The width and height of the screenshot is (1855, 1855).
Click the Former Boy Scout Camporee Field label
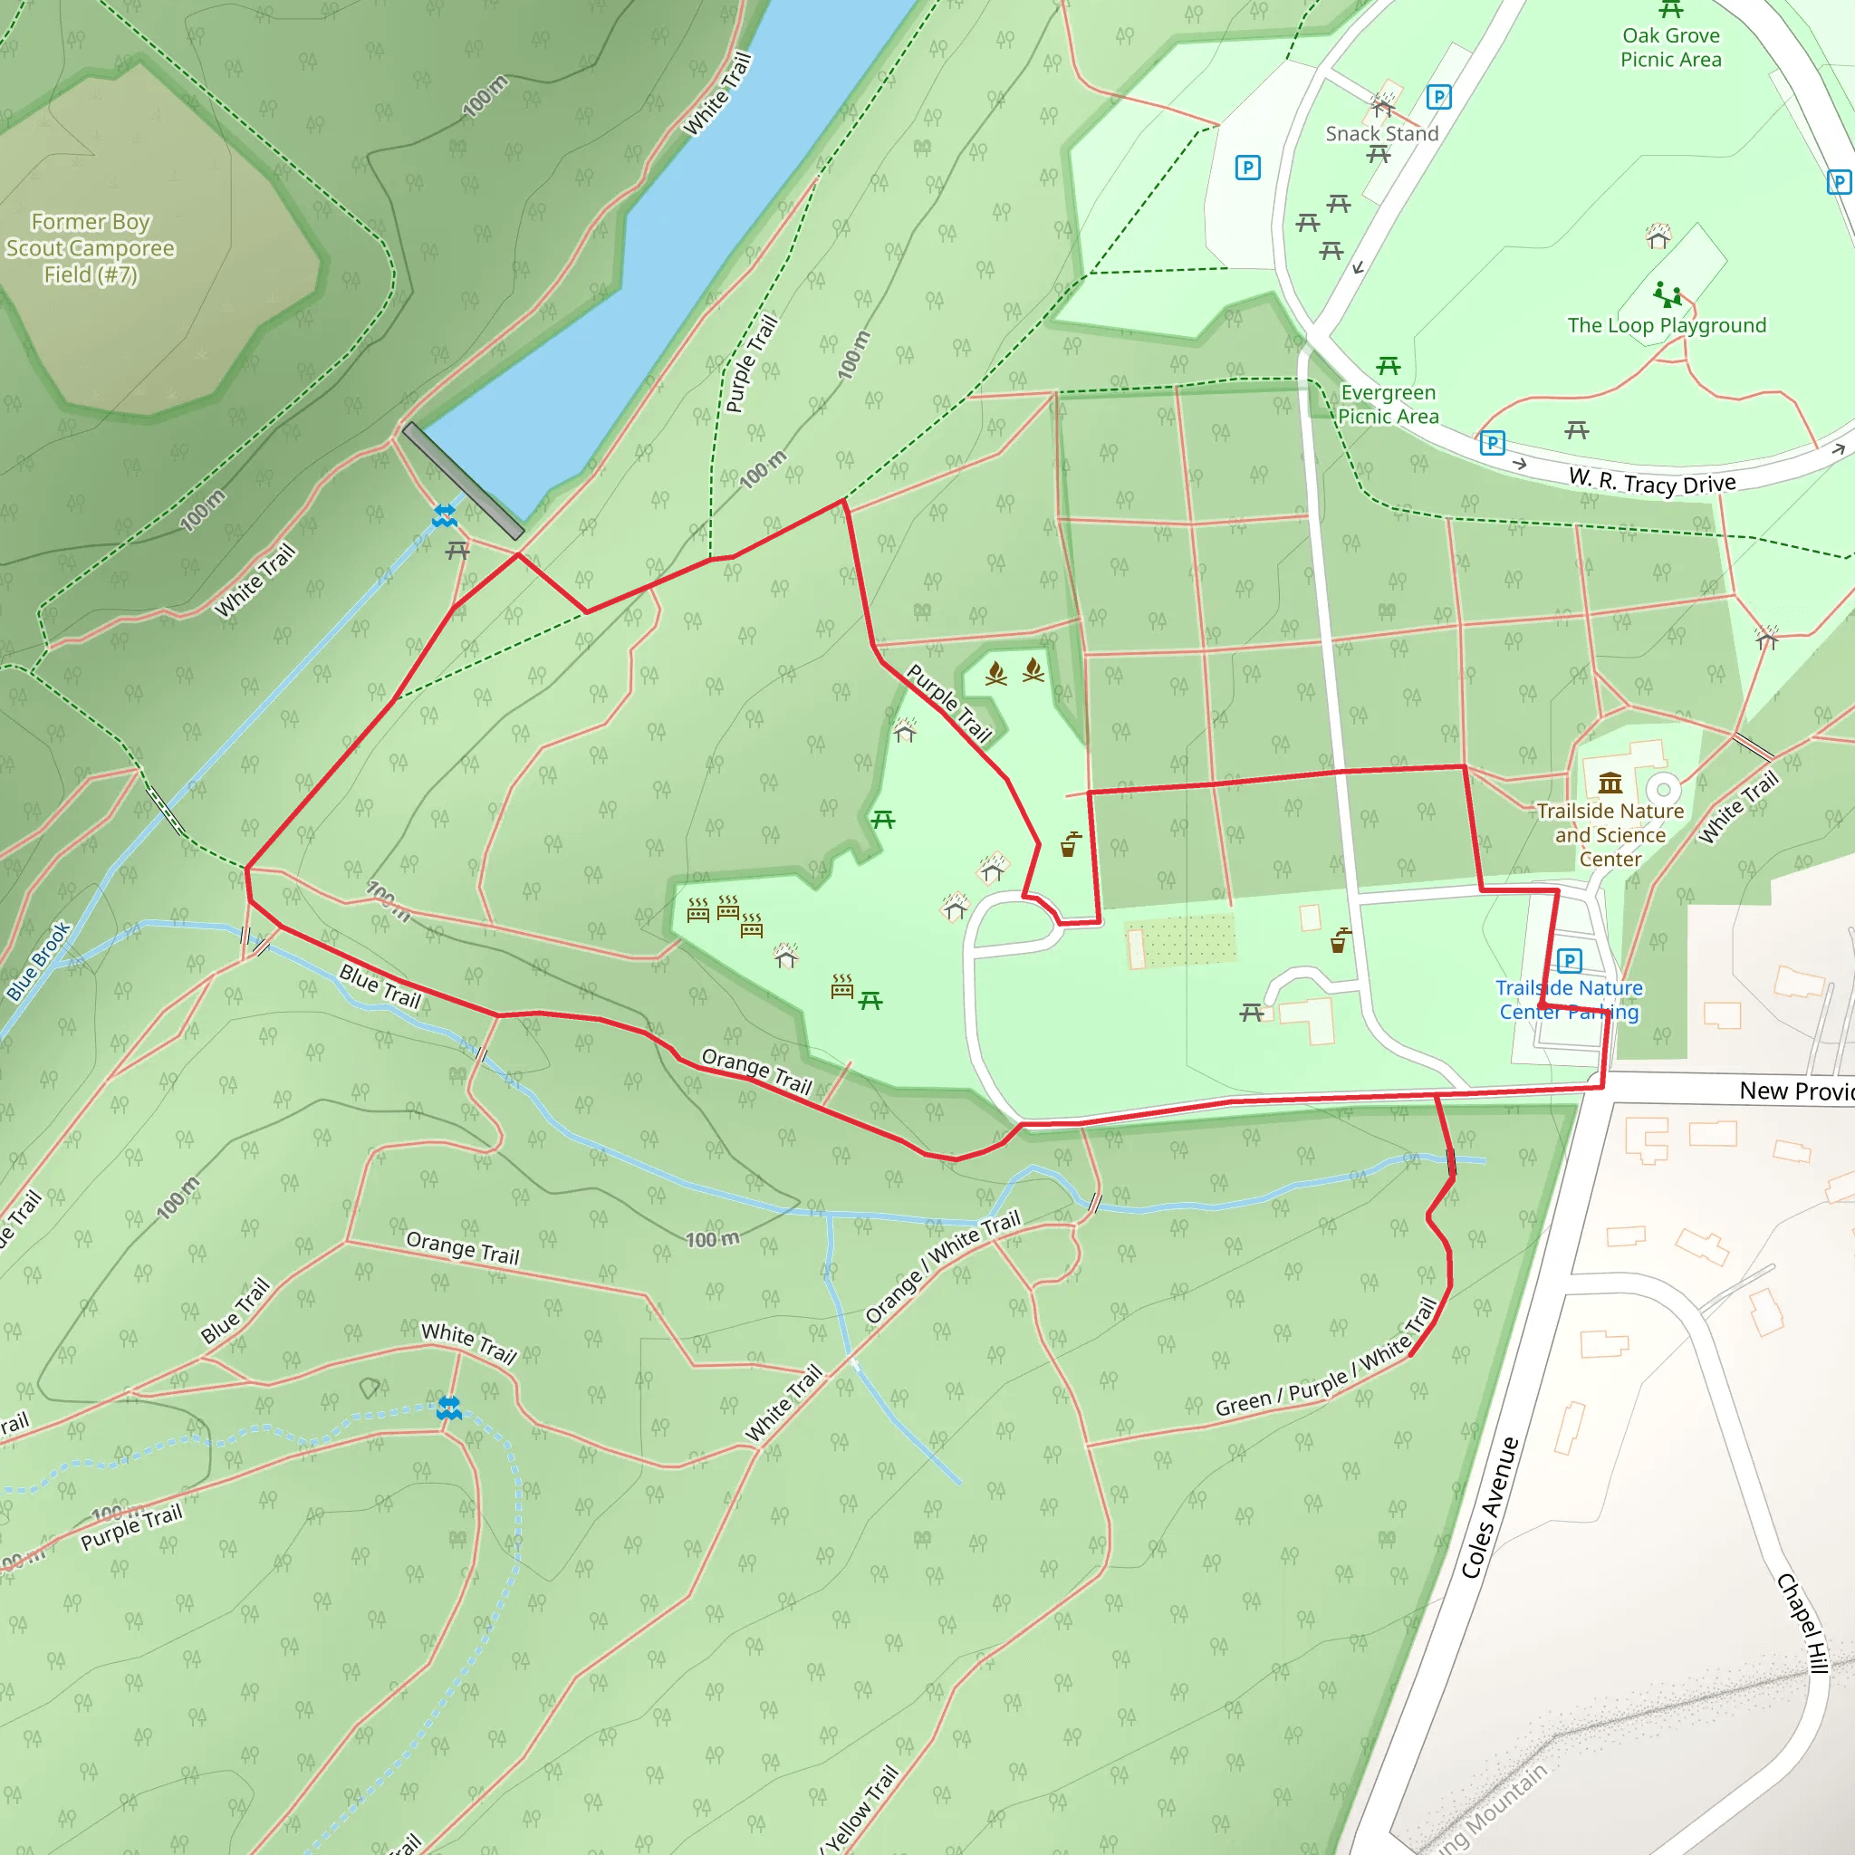tap(91, 249)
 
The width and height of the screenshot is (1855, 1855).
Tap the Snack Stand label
tap(1381, 134)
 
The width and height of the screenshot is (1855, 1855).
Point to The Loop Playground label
tap(1666, 325)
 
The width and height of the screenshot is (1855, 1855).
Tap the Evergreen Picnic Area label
tap(1388, 404)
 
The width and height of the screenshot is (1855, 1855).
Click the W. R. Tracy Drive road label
tap(1651, 482)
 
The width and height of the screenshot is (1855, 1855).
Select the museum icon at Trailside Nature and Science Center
tap(1610, 783)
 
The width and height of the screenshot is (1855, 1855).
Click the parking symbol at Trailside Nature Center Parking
tap(1569, 960)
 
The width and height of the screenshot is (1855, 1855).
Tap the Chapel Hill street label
tap(1802, 1622)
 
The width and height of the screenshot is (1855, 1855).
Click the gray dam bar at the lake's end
tap(463, 481)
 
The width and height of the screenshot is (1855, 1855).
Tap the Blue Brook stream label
tap(38, 961)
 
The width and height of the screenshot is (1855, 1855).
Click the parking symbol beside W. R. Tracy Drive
tap(1491, 444)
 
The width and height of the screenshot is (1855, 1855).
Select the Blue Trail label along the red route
tap(380, 986)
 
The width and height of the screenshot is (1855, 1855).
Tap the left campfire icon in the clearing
tap(995, 673)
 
